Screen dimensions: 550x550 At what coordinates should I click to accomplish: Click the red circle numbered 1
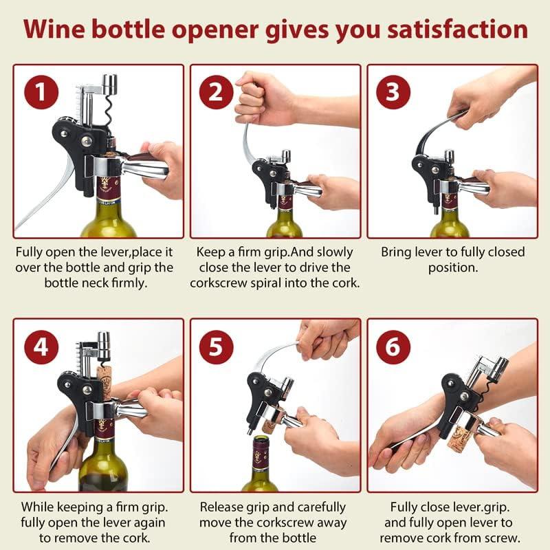pyautogui.click(x=41, y=92)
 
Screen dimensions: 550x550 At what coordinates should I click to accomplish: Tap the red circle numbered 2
pyautogui.click(x=216, y=92)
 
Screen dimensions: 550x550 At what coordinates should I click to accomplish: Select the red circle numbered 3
pyautogui.click(x=393, y=92)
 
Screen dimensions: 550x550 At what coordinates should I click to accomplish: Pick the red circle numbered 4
pyautogui.click(x=41, y=347)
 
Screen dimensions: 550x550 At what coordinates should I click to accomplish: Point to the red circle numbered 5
pyautogui.click(x=216, y=347)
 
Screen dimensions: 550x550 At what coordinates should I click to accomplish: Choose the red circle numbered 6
pyautogui.click(x=393, y=347)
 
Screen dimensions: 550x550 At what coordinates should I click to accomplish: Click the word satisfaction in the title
pyautogui.click(x=457, y=29)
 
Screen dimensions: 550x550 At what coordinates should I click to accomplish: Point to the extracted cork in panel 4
pyautogui.click(x=104, y=382)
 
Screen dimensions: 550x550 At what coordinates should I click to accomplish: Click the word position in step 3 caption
pyautogui.click(x=453, y=267)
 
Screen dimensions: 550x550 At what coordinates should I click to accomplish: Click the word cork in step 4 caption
pyautogui.click(x=135, y=538)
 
